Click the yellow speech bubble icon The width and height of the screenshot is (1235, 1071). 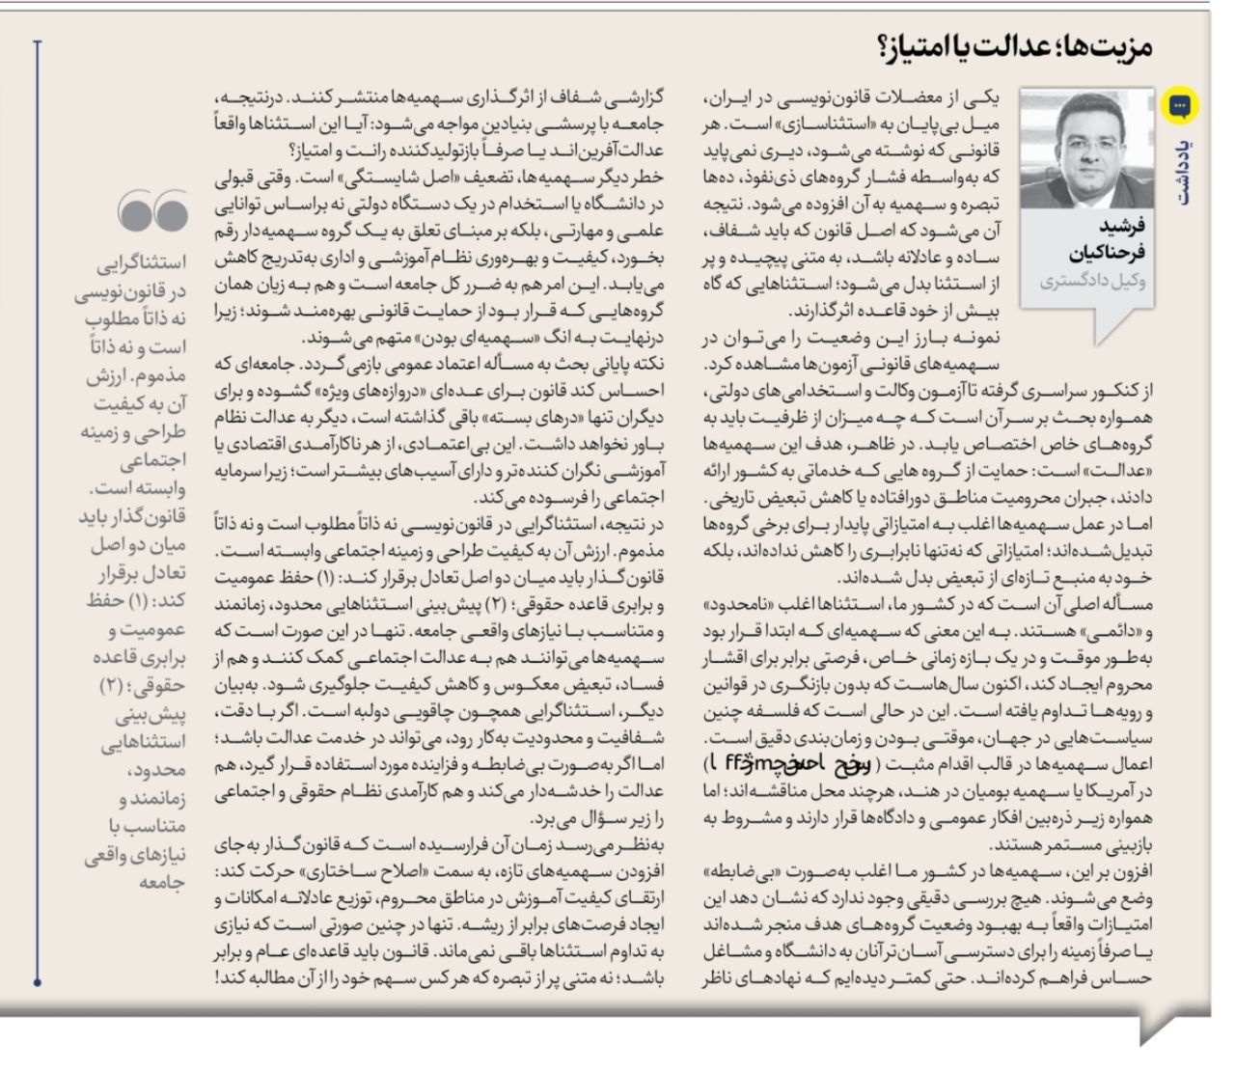(x=1179, y=105)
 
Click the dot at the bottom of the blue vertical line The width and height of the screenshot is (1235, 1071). (x=37, y=982)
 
